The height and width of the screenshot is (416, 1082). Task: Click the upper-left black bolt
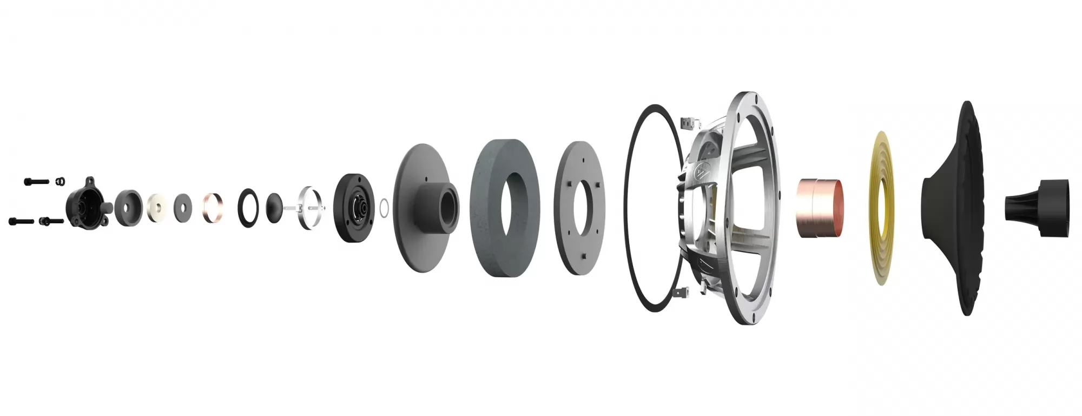coord(36,181)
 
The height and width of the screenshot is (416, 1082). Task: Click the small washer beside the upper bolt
coord(61,180)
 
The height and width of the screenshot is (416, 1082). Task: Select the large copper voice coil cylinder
coord(819,208)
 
